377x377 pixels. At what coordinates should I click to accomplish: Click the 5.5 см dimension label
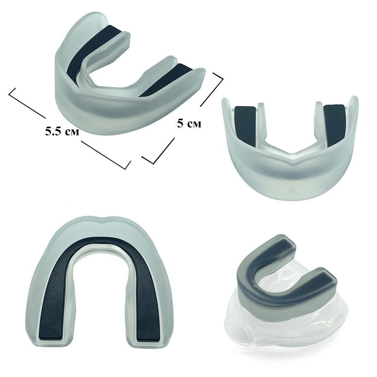pos(62,132)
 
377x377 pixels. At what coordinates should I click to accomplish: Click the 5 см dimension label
pos(189,124)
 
